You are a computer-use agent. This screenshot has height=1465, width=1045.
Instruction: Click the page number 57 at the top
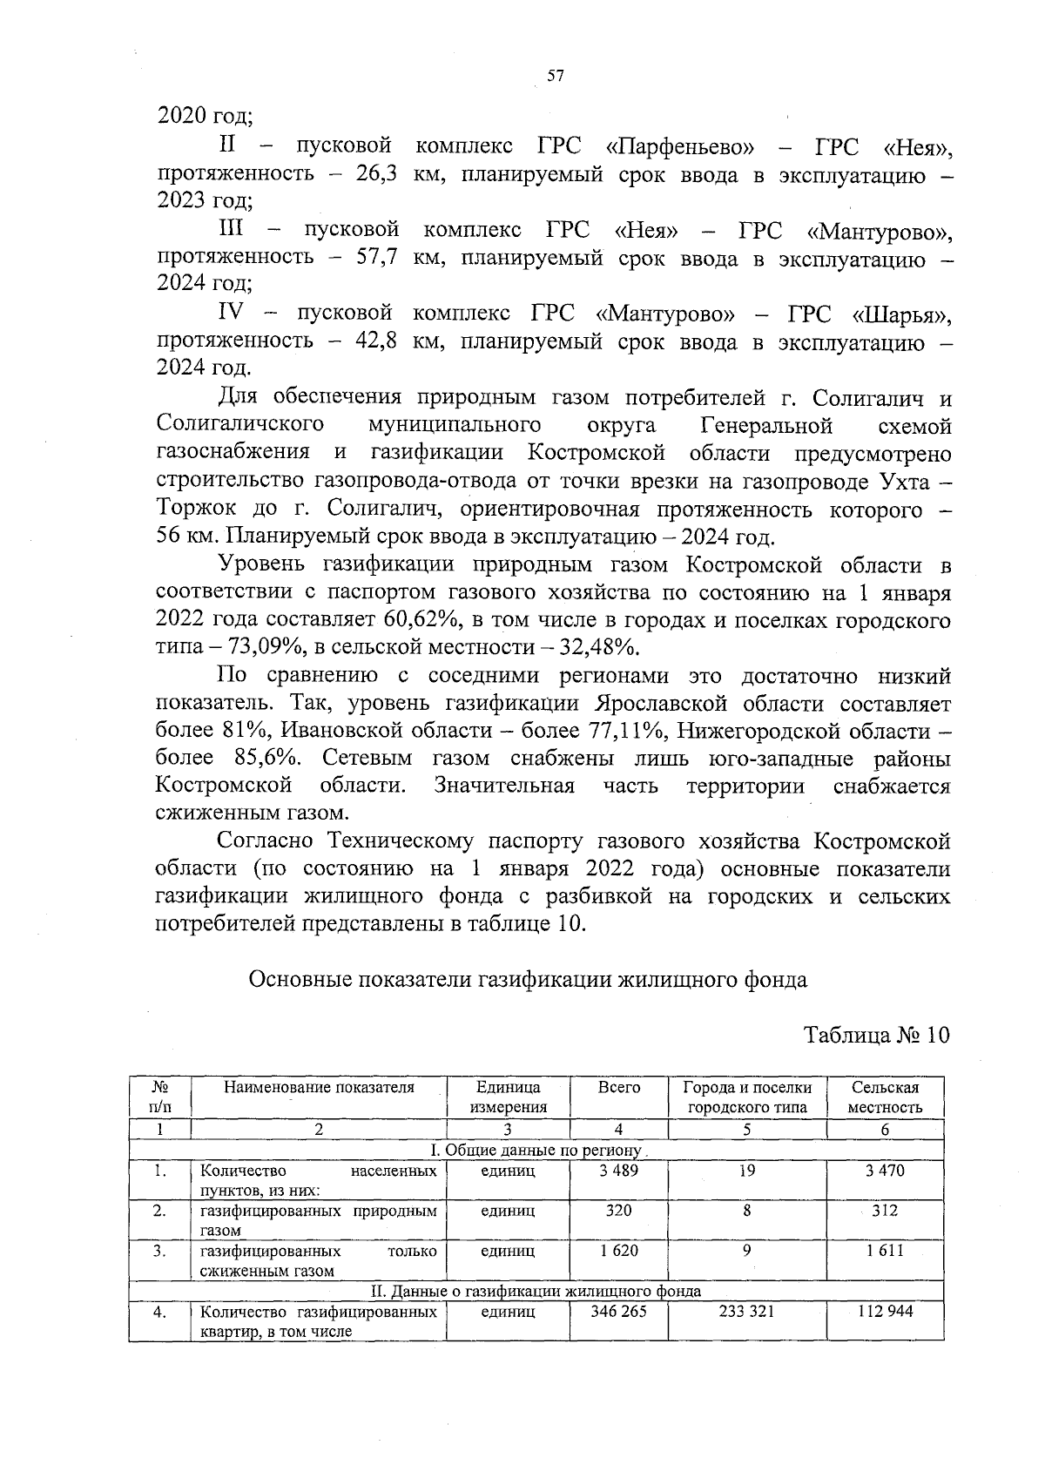(556, 76)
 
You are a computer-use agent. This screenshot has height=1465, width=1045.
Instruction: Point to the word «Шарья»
(902, 314)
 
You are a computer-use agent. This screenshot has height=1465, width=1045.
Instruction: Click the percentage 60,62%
(413, 620)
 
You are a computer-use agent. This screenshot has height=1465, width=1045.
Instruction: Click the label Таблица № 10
(876, 1035)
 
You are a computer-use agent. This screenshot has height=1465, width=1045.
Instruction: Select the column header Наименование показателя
(319, 1088)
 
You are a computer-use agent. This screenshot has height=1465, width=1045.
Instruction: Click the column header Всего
(618, 1088)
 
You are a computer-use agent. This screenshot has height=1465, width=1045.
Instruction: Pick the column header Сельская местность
(885, 1097)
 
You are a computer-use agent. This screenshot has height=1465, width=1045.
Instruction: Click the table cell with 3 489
(618, 1171)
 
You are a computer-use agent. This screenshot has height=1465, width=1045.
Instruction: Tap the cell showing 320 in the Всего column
(618, 1211)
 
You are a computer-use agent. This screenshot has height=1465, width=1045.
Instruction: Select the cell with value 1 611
(885, 1251)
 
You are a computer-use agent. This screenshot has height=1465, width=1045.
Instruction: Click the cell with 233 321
(746, 1312)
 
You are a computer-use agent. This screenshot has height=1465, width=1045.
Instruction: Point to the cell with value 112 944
(885, 1312)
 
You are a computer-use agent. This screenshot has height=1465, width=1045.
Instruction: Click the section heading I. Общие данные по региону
(536, 1151)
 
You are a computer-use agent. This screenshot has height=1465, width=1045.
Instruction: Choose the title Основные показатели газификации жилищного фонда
(528, 980)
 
